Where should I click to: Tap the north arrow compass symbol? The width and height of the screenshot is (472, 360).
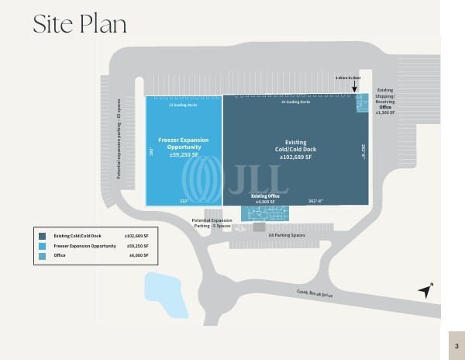424,292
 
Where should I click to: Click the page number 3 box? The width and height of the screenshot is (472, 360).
457,345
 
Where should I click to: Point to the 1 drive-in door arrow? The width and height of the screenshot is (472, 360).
356,88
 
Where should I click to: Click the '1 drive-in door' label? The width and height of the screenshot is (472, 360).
349,78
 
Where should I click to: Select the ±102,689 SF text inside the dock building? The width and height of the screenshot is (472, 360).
295,157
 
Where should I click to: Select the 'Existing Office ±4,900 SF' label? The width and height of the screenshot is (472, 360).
265,199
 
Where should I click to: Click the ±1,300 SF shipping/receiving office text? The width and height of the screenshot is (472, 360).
385,113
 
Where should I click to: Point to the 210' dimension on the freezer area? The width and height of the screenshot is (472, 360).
184,200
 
